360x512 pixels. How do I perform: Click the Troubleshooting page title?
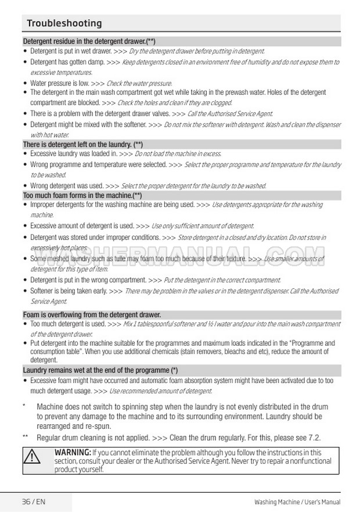pos(64,23)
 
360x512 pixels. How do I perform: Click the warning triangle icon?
pos(37,457)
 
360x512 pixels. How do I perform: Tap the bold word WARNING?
pos(73,452)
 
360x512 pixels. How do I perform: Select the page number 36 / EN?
pos(34,502)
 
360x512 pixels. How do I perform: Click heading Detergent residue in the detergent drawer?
pos(89,42)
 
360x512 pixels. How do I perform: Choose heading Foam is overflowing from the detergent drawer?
pos(92,314)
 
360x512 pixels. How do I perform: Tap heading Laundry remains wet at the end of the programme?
pos(100,370)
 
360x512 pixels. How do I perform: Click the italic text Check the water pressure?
pos(139,84)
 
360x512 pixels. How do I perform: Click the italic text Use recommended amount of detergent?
pos(160,391)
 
